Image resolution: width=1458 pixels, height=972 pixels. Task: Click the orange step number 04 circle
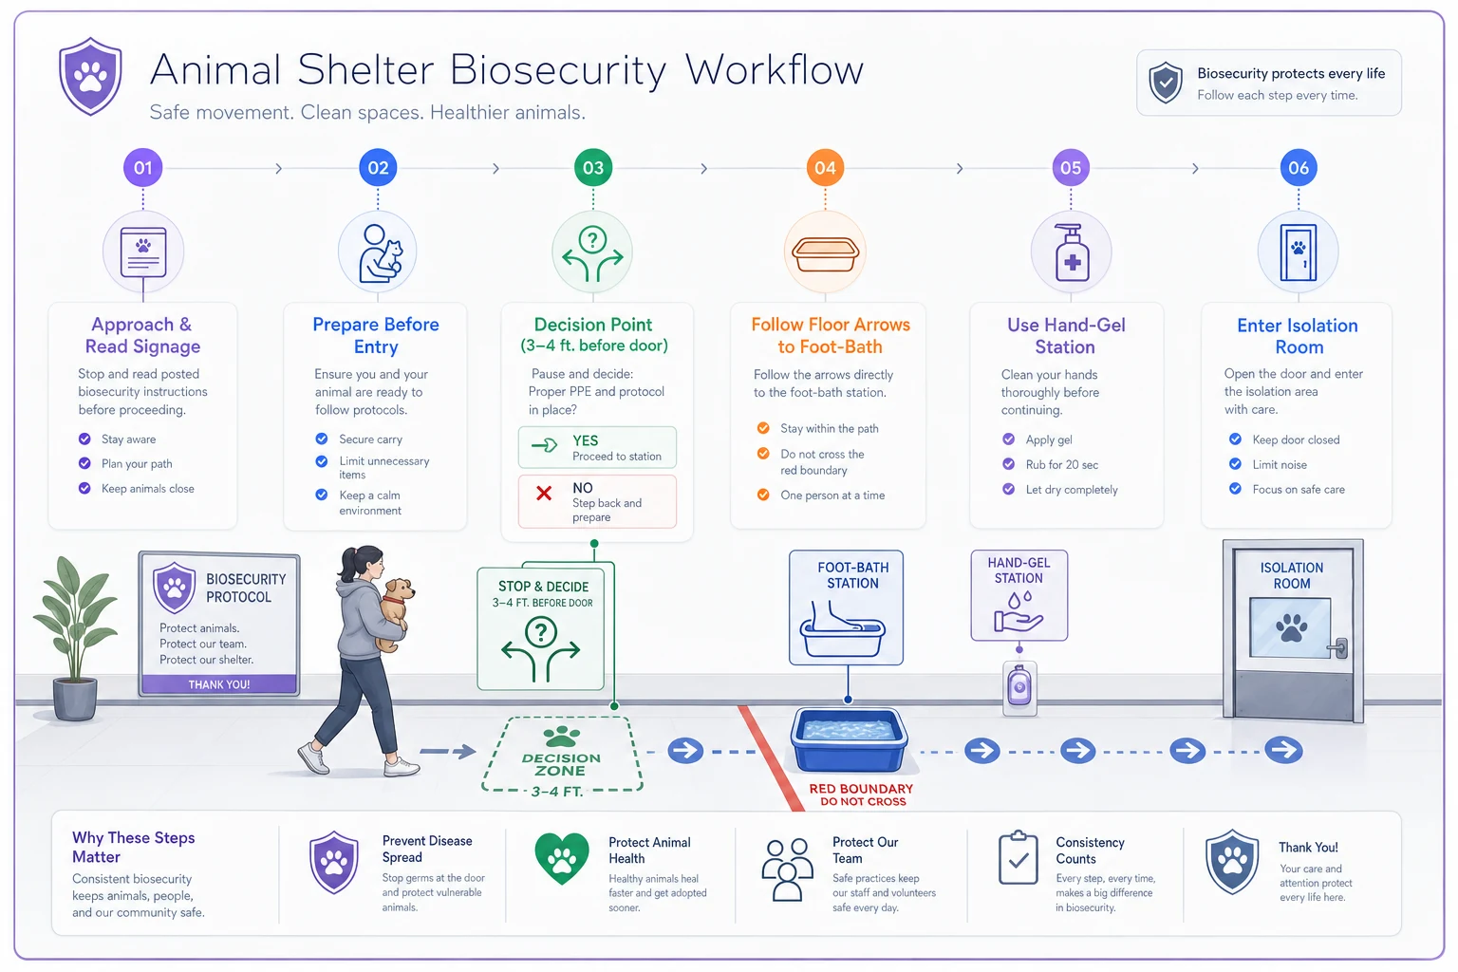[825, 168]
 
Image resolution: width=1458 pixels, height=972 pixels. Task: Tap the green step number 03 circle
[593, 168]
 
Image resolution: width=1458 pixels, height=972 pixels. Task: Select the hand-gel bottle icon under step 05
[1072, 252]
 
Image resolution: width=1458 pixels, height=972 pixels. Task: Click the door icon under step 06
[1298, 252]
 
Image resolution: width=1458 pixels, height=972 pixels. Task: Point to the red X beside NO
[544, 493]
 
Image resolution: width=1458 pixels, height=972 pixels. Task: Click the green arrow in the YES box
[544, 445]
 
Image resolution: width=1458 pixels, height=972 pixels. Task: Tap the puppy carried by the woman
[395, 612]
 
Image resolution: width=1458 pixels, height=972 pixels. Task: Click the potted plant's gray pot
[76, 699]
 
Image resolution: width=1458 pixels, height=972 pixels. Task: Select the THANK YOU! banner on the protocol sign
[219, 684]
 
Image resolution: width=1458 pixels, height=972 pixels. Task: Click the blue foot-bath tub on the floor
[848, 739]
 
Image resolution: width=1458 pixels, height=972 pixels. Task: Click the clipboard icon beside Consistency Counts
[1018, 857]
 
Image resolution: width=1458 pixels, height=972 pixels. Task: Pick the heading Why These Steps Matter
[134, 847]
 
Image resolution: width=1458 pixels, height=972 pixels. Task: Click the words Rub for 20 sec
[1061, 465]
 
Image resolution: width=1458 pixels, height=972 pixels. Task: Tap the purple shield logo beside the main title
[90, 76]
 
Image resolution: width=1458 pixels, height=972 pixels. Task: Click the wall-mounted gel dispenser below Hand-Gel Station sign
[1019, 688]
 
